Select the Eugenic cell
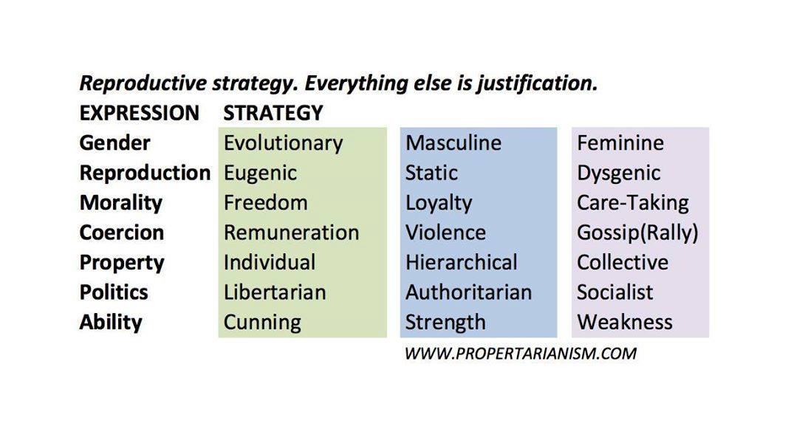pos(260,174)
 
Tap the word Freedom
pos(265,202)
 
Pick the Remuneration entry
pos(291,233)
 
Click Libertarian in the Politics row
pos(275,292)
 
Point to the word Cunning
pos(262,323)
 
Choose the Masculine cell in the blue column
pos(453,142)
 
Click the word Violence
pos(445,233)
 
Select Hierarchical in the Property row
pos(461,262)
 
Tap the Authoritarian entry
pos(468,292)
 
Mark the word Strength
pos(445,323)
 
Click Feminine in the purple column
pos(620,142)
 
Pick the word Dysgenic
pos(618,174)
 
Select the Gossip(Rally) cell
pos(637,233)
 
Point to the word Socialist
pos(614,292)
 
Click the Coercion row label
pos(122,233)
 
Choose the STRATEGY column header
pos(273,113)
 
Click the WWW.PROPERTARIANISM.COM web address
pos(521,354)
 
